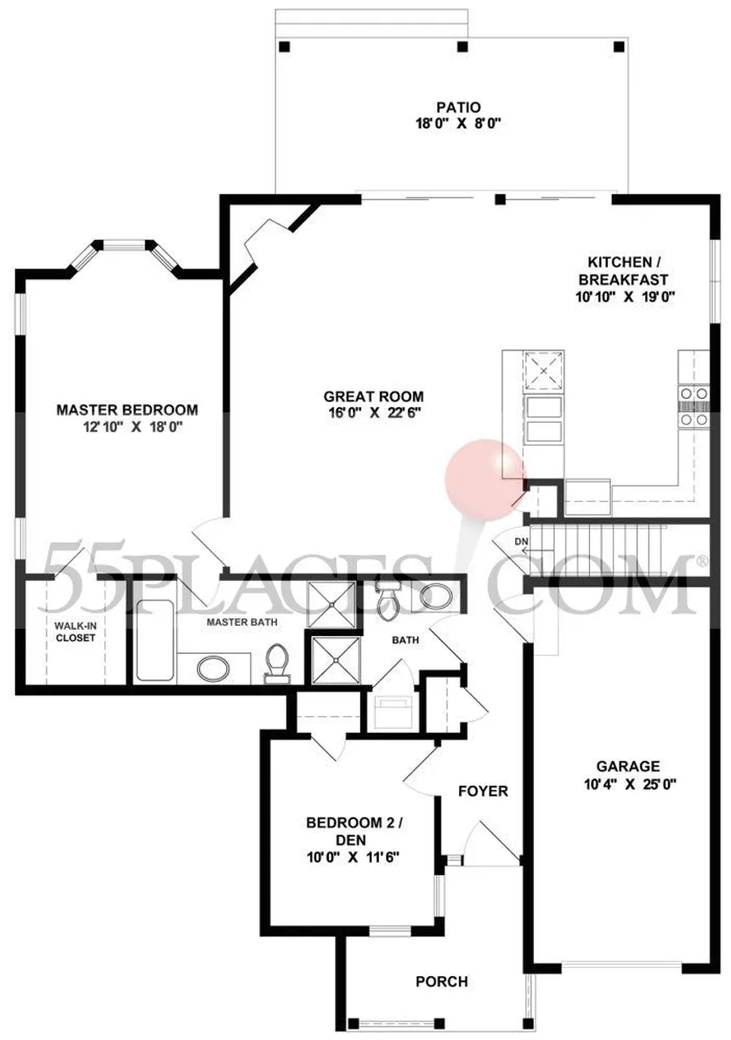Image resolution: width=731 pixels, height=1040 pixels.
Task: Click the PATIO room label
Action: pyautogui.click(x=458, y=108)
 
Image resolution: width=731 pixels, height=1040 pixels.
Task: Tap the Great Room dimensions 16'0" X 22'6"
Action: pyautogui.click(x=374, y=412)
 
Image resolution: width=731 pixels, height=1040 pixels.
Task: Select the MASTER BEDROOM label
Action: pyautogui.click(x=127, y=410)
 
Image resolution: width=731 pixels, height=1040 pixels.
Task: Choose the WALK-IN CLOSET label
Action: pyautogui.click(x=75, y=632)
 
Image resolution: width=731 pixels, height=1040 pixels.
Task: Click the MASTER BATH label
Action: pyautogui.click(x=241, y=622)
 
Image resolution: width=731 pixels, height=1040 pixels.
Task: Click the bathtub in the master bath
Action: pyautogui.click(x=156, y=641)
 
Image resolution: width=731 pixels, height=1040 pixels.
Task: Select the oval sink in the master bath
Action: pyautogui.click(x=212, y=668)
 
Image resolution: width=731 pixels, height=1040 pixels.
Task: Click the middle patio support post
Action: pyautogui.click(x=462, y=47)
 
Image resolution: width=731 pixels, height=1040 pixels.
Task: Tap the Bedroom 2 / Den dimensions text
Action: pyautogui.click(x=353, y=856)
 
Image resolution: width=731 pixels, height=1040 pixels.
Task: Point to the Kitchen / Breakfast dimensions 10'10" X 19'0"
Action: pyautogui.click(x=625, y=297)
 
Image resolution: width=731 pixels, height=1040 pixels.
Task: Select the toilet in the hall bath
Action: pyautogui.click(x=386, y=600)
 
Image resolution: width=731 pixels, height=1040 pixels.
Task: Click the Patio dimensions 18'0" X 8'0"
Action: pyautogui.click(x=458, y=124)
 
